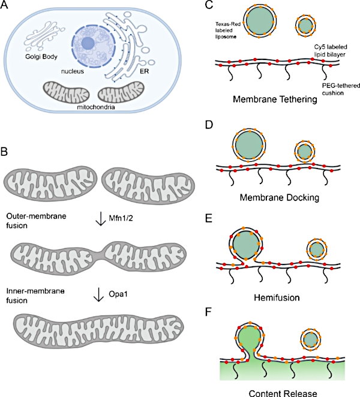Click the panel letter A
coord(8,7)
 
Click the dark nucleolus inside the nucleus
coord(88,43)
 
